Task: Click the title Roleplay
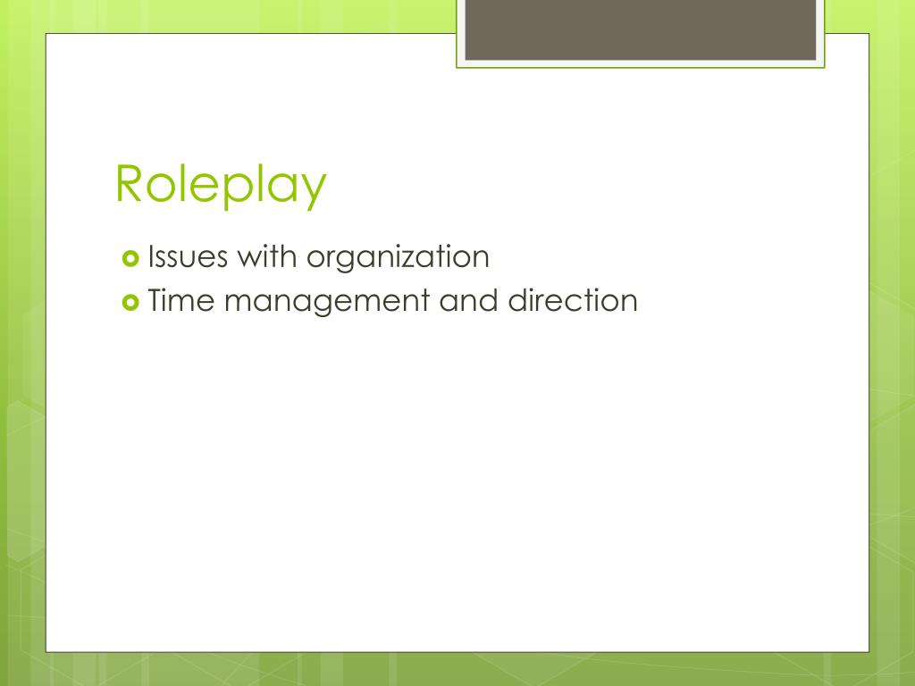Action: click(x=221, y=185)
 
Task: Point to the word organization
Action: click(x=398, y=258)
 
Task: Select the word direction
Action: click(x=573, y=300)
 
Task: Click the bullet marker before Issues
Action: click(x=130, y=259)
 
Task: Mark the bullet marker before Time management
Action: click(x=130, y=302)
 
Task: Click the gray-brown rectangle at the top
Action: click(x=641, y=29)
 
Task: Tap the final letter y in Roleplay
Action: click(x=313, y=189)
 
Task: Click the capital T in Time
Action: click(x=156, y=300)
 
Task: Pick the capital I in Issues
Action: click(x=152, y=257)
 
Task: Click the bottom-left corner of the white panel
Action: click(x=46, y=651)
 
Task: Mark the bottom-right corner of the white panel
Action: click(x=869, y=651)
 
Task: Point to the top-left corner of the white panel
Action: click(x=46, y=35)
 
